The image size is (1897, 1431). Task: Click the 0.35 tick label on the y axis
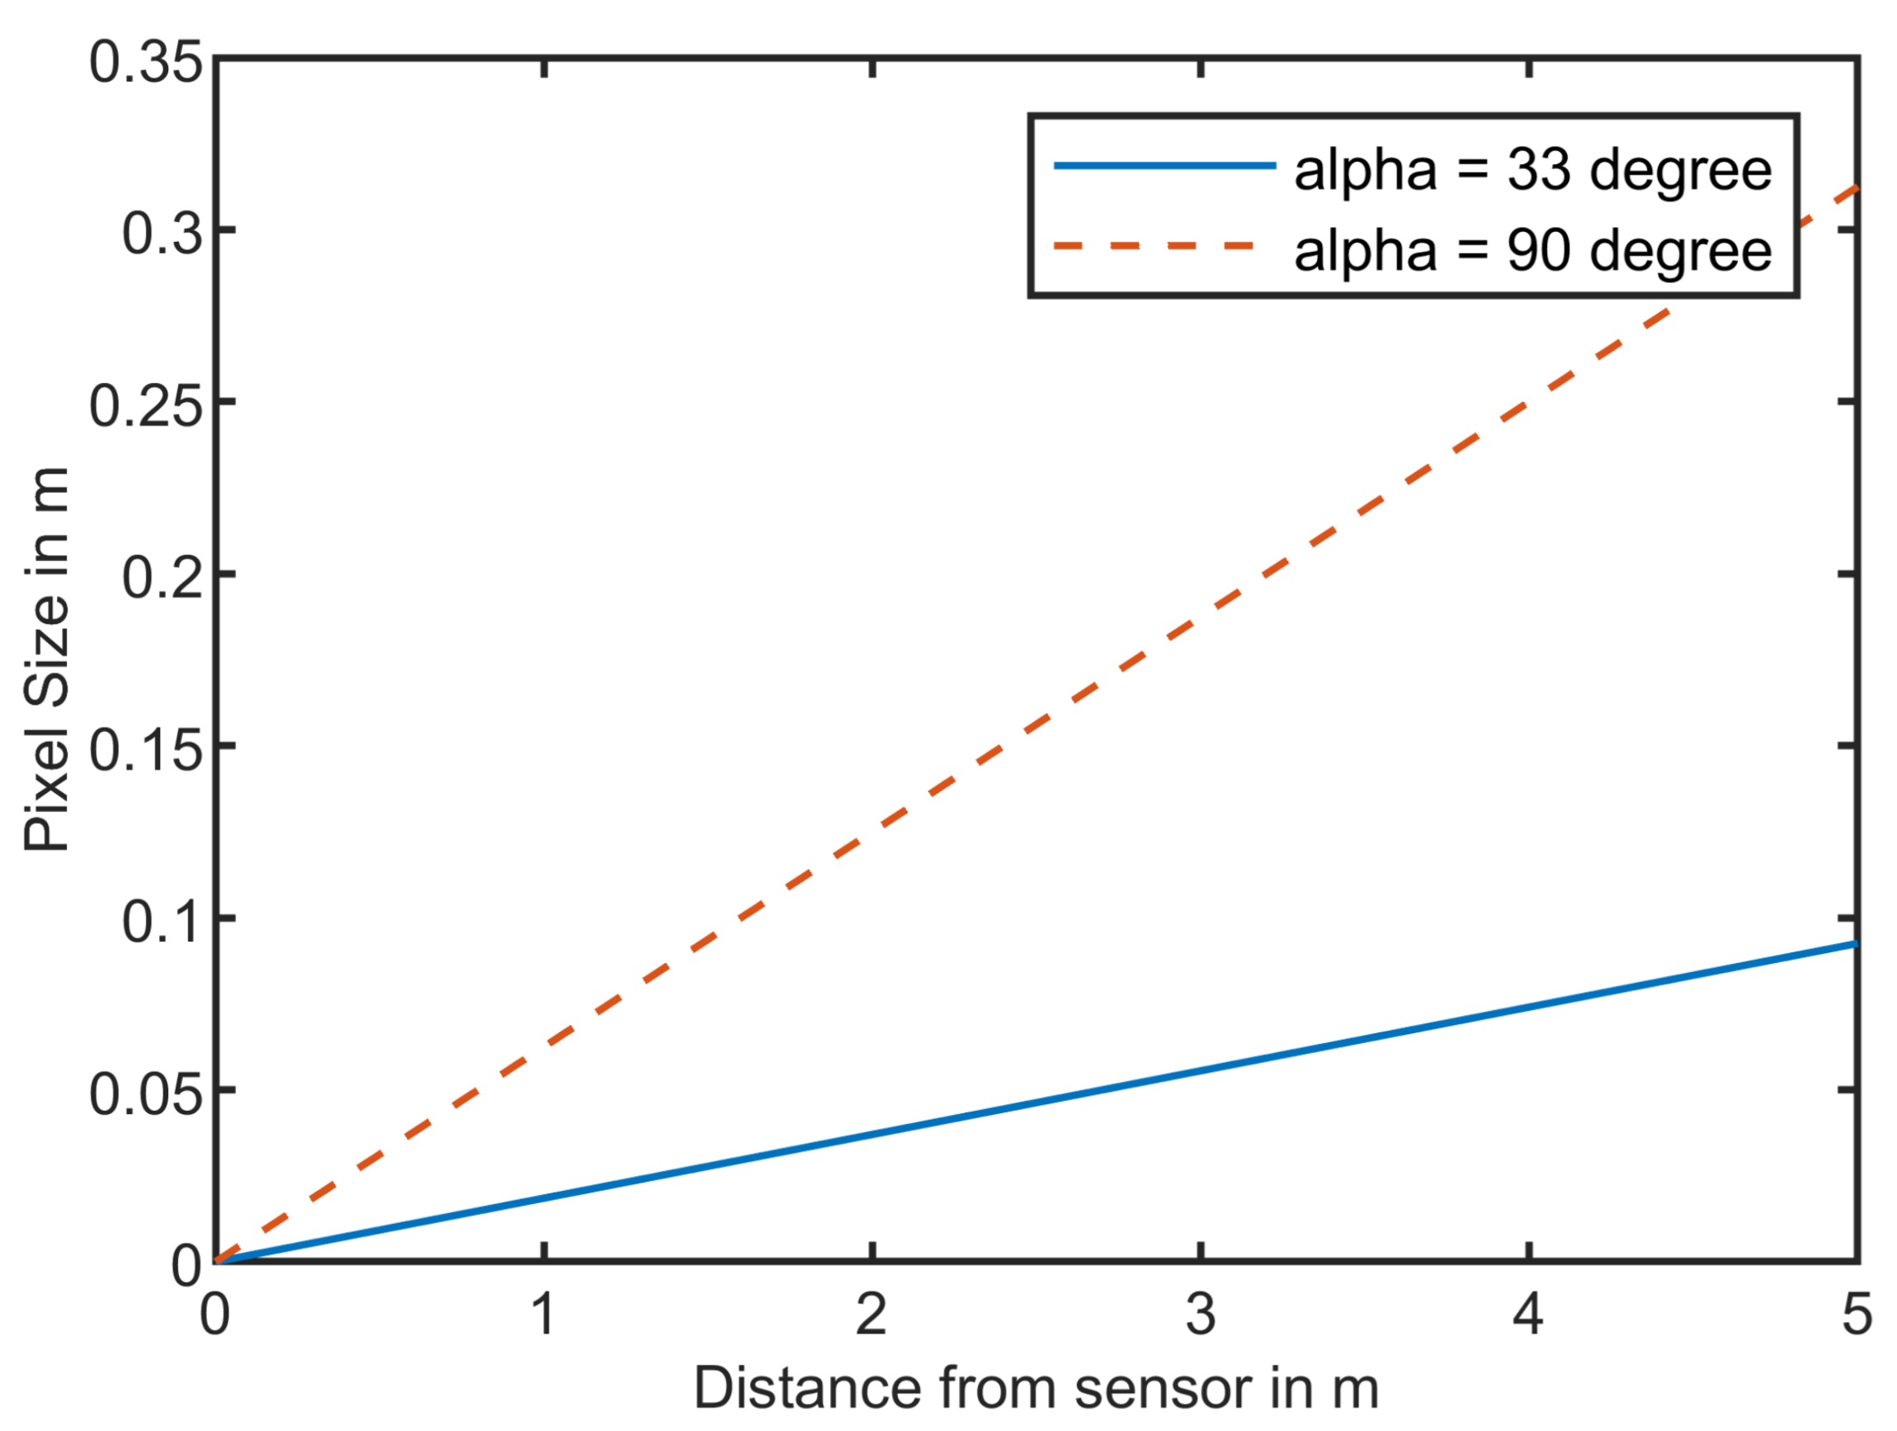[x=146, y=64]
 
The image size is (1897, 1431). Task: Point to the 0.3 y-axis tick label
[x=162, y=234]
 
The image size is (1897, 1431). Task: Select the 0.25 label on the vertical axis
[x=146, y=405]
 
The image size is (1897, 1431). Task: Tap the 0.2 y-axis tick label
[x=162, y=578]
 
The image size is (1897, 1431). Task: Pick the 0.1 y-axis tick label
[x=162, y=923]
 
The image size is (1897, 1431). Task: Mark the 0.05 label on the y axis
[x=146, y=1094]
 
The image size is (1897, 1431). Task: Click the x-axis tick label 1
[x=544, y=1314]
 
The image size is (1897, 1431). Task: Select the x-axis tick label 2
[x=871, y=1314]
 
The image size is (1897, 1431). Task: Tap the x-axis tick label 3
[x=1200, y=1314]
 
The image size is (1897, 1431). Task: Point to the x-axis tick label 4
[x=1528, y=1314]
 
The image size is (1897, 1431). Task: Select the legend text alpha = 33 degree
[x=1532, y=170]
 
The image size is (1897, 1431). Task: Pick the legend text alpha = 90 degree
[x=1532, y=251]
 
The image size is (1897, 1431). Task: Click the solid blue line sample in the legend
[x=1163, y=166]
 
